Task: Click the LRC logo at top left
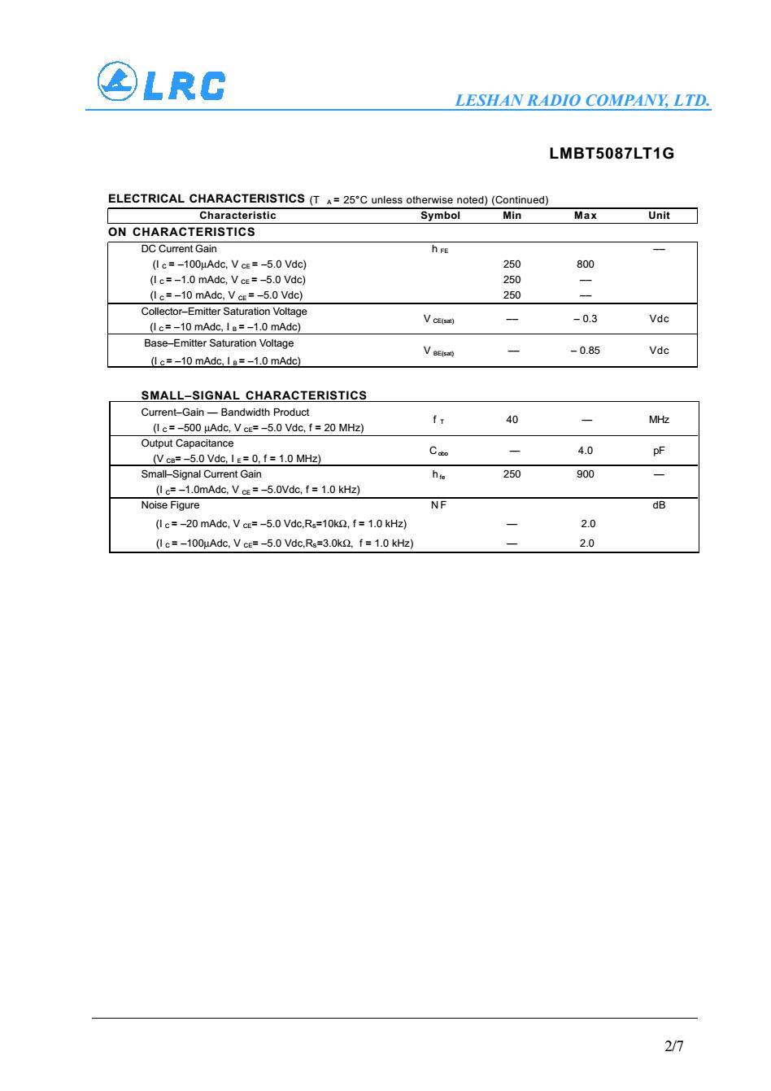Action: point(160,84)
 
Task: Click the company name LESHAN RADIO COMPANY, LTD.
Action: point(582,101)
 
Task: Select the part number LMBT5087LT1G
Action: point(612,153)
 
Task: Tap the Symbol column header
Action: point(440,216)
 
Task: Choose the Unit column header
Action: point(659,216)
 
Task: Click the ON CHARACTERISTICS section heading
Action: point(181,232)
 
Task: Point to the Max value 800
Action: point(585,264)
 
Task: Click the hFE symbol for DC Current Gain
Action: point(439,249)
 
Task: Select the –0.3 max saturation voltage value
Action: point(585,318)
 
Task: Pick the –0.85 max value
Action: point(585,350)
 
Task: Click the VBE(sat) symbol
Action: point(438,351)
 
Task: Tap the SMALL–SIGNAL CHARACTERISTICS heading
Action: point(254,395)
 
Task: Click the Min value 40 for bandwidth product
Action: point(512,420)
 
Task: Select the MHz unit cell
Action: point(659,420)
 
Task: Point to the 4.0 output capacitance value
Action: point(585,451)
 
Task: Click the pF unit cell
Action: point(659,451)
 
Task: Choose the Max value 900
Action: point(585,473)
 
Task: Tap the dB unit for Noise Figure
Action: point(659,505)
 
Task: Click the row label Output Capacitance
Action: point(187,443)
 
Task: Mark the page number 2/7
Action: point(674,1046)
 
